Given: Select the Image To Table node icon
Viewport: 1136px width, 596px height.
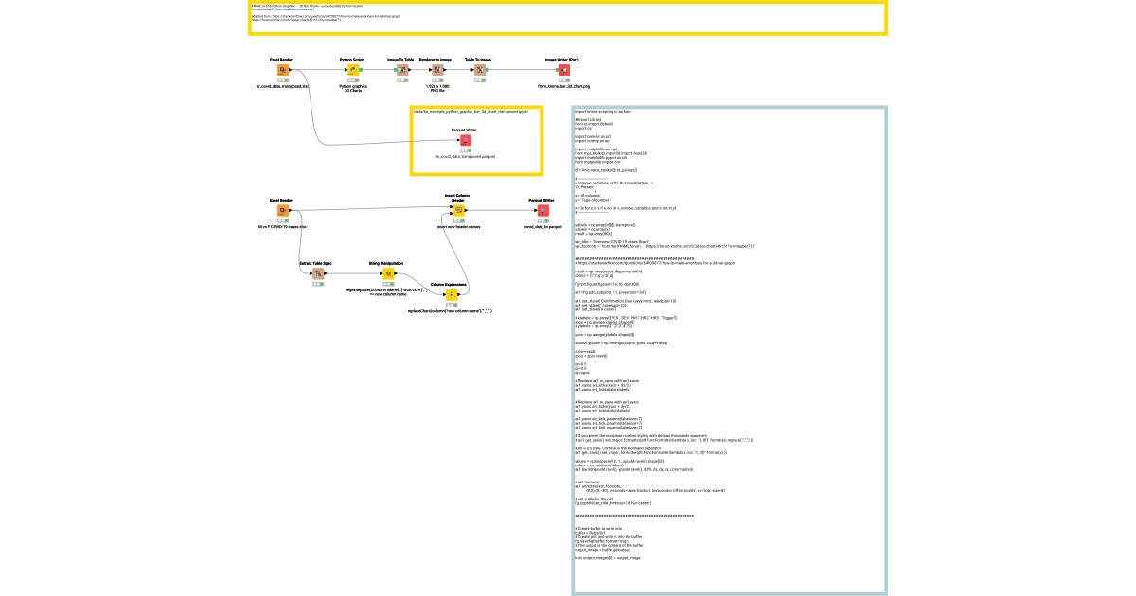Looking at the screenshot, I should click(x=401, y=70).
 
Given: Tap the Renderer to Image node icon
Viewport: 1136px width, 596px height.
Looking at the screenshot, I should click(x=437, y=70).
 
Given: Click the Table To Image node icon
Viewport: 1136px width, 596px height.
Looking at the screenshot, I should click(x=480, y=70).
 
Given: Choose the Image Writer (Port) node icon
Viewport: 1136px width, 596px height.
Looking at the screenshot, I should click(x=563, y=70).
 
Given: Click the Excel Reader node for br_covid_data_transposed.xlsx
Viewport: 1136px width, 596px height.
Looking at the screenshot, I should click(x=282, y=70).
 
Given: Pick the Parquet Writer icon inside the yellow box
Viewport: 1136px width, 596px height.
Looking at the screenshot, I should click(x=465, y=140).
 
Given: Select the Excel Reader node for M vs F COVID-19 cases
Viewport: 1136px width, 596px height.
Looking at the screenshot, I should click(x=282, y=211).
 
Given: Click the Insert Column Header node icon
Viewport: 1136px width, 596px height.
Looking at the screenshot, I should click(x=458, y=211).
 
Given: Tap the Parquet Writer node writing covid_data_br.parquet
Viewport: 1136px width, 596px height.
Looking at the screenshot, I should click(x=542, y=211).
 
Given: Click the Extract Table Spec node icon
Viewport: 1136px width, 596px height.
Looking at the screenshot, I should click(x=318, y=274).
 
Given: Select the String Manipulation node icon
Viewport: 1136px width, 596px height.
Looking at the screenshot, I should click(x=387, y=274).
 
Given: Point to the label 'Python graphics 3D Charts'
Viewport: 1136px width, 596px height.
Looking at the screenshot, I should click(x=353, y=88).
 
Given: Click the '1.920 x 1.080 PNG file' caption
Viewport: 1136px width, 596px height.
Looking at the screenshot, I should click(x=437, y=88).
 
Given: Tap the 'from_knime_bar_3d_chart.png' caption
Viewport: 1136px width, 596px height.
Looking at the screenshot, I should click(x=563, y=86).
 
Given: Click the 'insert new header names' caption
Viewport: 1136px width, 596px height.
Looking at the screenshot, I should click(x=458, y=227).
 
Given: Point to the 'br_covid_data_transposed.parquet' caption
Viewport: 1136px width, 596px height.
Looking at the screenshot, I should click(x=465, y=156).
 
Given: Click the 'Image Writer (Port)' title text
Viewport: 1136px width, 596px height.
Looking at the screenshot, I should click(x=563, y=59).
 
